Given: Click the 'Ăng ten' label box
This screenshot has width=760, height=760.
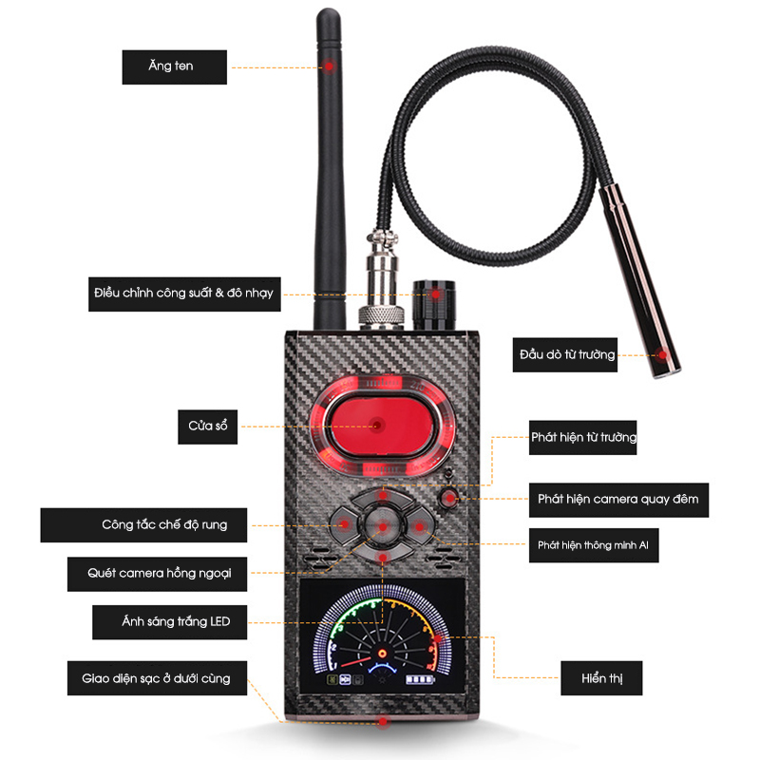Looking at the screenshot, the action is pyautogui.click(x=175, y=66).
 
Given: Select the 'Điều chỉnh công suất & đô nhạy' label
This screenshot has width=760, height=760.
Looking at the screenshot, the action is pyautogui.click(x=184, y=294).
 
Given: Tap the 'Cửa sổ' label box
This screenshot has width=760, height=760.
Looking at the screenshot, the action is pyautogui.click(x=207, y=427).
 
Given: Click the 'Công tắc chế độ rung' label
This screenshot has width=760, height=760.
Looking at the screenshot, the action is pyautogui.click(x=143, y=525).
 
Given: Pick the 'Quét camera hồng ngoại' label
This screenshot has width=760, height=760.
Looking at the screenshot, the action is pyautogui.click(x=157, y=574).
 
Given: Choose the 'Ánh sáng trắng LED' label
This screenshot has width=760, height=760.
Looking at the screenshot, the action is pyautogui.click(x=170, y=622).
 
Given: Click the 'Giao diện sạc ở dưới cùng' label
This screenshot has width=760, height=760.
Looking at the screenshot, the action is pyautogui.click(x=157, y=678).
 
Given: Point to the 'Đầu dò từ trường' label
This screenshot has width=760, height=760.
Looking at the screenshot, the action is pyautogui.click(x=564, y=354).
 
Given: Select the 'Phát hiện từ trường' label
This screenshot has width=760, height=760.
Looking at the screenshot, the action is pyautogui.click(x=582, y=437).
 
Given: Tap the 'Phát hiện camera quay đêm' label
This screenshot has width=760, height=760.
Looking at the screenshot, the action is pyautogui.click(x=618, y=500).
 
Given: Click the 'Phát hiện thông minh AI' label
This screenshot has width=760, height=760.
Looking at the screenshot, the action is pyautogui.click(x=594, y=545).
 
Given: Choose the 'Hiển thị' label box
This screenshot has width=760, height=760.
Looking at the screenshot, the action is pyautogui.click(x=601, y=678).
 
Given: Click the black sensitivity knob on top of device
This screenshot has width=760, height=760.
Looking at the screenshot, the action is pyautogui.click(x=434, y=305).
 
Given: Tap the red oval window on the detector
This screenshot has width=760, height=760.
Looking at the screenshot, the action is pyautogui.click(x=379, y=426).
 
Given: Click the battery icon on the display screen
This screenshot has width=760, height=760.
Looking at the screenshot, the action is pyautogui.click(x=420, y=679).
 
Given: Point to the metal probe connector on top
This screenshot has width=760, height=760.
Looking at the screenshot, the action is pyautogui.click(x=382, y=281).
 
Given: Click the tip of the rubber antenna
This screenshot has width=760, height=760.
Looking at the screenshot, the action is pyautogui.click(x=328, y=10).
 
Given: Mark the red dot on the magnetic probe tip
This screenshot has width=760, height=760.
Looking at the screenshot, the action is pyautogui.click(x=661, y=354).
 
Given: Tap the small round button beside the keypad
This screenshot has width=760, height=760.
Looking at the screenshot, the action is pyautogui.click(x=448, y=498).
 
